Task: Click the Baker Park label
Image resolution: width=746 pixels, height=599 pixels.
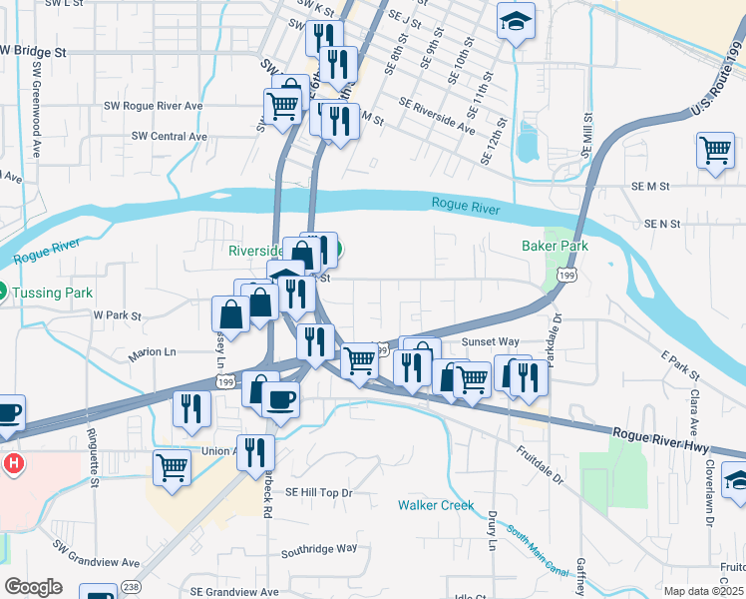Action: click(555, 246)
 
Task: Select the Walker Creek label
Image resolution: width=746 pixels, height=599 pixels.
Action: click(436, 505)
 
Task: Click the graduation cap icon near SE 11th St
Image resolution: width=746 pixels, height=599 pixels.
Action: click(516, 19)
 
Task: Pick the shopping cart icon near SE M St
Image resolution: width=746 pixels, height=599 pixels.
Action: click(716, 151)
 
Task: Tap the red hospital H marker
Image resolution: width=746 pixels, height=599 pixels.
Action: click(13, 464)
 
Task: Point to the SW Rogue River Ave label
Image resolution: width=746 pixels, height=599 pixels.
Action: click(154, 106)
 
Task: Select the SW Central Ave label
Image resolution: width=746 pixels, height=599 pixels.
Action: click(170, 136)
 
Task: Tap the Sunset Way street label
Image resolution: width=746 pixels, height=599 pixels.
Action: click(491, 341)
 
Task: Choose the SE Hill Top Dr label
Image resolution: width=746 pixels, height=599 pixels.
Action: click(319, 492)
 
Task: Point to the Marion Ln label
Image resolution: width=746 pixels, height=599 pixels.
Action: click(152, 352)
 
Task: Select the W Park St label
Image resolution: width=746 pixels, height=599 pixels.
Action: click(118, 314)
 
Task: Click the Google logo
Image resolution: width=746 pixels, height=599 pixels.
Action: click(33, 586)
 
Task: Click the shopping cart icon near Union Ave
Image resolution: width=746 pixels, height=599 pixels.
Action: click(173, 466)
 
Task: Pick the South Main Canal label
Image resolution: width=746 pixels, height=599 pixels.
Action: click(544, 552)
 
